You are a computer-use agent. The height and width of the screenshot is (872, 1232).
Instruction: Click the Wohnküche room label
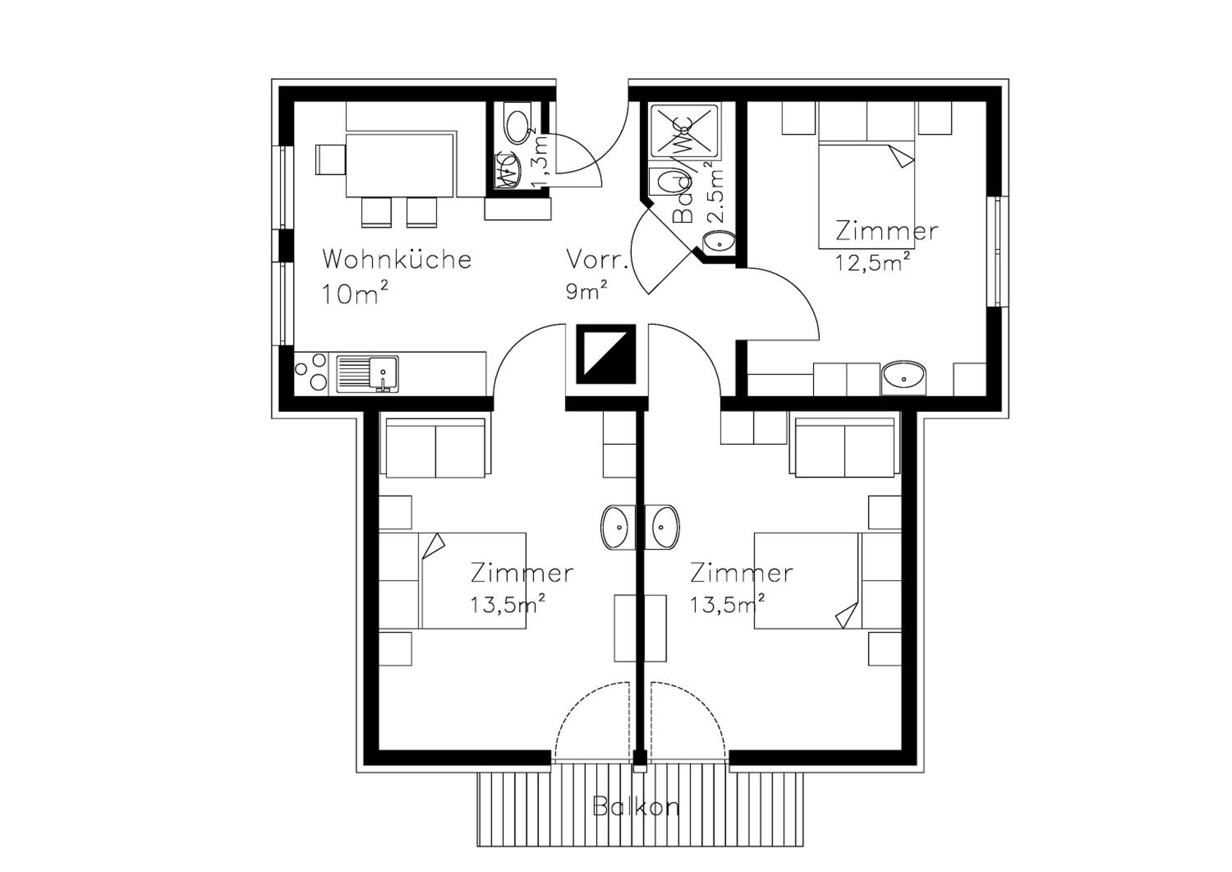pyautogui.click(x=397, y=259)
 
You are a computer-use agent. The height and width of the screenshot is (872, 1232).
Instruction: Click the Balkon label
pyautogui.click(x=636, y=807)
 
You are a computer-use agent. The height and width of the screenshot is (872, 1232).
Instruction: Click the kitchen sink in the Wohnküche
pyautogui.click(x=368, y=373)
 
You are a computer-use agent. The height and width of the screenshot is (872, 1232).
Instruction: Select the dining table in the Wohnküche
pyautogui.click(x=400, y=165)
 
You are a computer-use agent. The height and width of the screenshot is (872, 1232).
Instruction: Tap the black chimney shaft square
pyautogui.click(x=606, y=354)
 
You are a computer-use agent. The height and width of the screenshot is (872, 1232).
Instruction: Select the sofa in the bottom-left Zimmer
pyautogui.click(x=436, y=448)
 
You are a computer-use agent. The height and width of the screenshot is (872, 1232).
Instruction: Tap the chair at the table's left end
pyautogui.click(x=331, y=159)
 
